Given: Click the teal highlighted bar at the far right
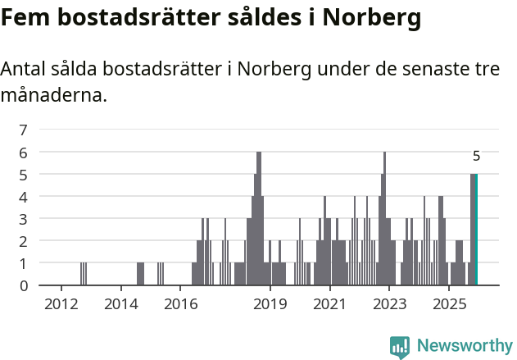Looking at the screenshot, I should click(475, 230).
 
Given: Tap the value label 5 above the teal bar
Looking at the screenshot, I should click(476, 156).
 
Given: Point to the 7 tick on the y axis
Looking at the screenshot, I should click(24, 130).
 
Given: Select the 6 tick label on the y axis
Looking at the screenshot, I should click(24, 152).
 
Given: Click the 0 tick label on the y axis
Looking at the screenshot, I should click(24, 285).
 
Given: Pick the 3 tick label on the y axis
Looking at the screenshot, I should click(24, 219).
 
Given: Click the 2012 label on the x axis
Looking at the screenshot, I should click(61, 305).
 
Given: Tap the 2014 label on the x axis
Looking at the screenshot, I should click(121, 305).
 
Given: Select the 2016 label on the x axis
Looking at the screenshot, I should click(181, 305).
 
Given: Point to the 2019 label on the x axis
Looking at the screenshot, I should click(270, 305).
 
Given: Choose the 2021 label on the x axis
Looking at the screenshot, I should click(330, 305).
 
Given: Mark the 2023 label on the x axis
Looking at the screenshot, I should click(389, 305).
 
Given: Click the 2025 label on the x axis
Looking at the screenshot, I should click(449, 305).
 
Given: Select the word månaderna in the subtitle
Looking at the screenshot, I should click(54, 95).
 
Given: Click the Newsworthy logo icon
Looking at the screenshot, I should click(400, 346).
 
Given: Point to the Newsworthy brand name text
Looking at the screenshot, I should click(465, 346).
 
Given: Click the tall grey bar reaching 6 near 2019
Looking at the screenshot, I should click(259, 218).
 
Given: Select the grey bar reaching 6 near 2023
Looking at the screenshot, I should click(384, 218).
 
